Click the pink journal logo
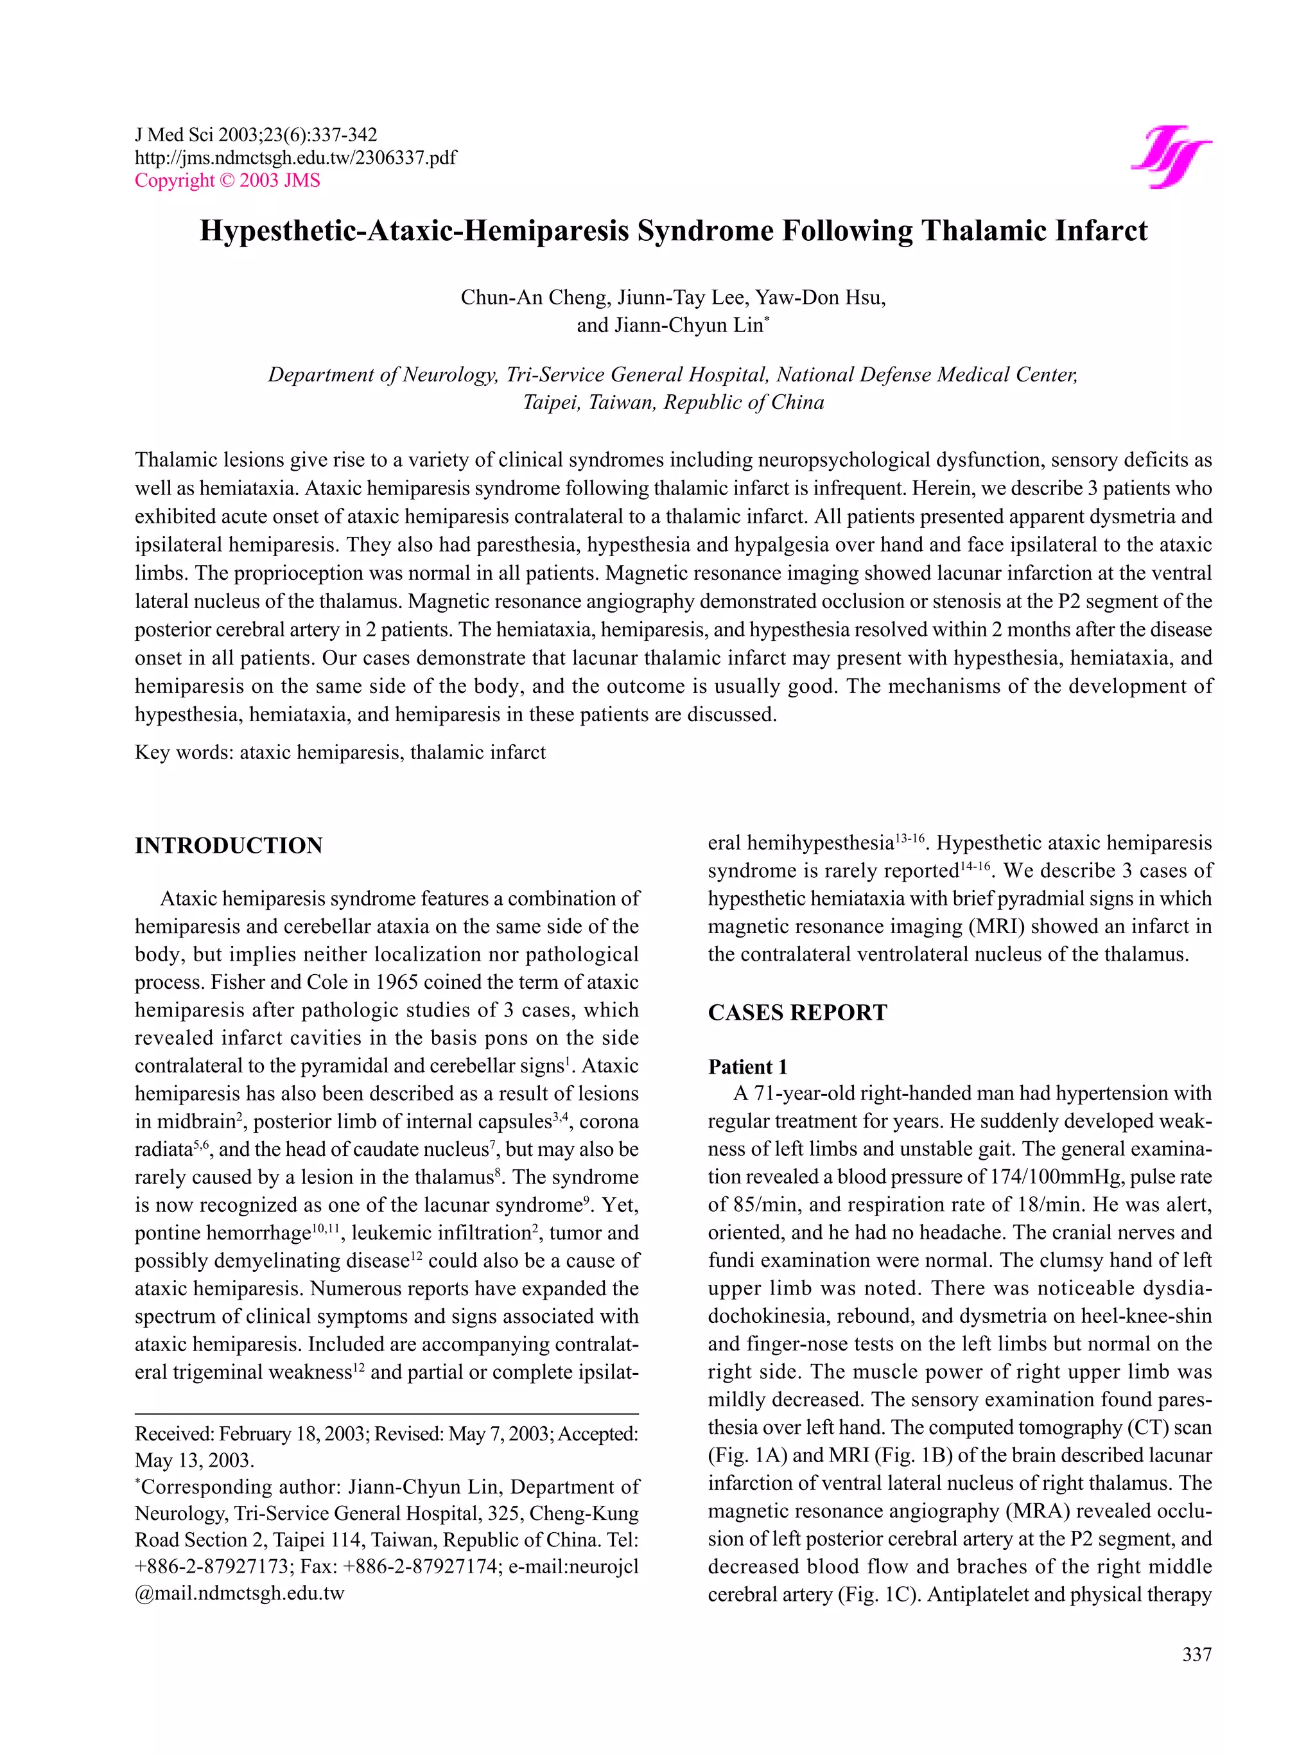[x=1169, y=156]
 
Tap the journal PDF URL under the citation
[x=295, y=157]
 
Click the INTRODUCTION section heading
[x=229, y=845]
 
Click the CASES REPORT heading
[x=797, y=1013]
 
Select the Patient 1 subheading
[x=747, y=1067]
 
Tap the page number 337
[x=1196, y=1654]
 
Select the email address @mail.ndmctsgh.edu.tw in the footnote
[x=239, y=1594]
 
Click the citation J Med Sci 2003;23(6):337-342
[x=256, y=135]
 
